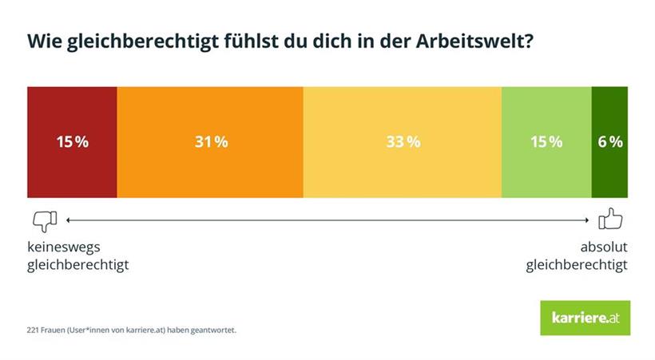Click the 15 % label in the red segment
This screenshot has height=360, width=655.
72,142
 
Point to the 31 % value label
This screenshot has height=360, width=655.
211,142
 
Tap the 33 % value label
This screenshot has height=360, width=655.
403,142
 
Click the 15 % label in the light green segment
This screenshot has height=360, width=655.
546,142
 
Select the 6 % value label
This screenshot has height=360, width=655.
610,142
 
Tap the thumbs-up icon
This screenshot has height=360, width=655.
611,219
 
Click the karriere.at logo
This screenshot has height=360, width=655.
585,318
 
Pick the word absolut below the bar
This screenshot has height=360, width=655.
603,247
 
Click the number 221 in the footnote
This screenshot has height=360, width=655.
33,329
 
